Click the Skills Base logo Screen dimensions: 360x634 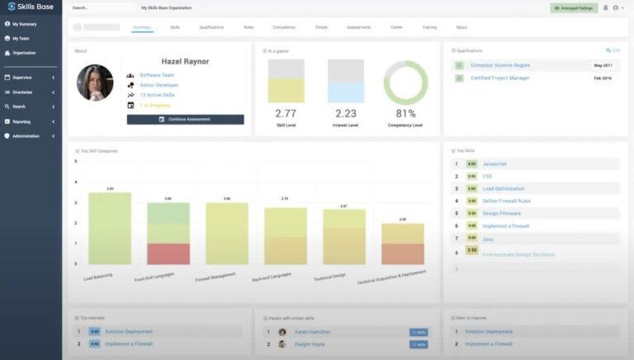click(x=31, y=7)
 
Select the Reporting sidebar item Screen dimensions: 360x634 click(x=21, y=121)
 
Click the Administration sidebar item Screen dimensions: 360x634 click(x=26, y=135)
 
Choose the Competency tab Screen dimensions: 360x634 click(x=283, y=27)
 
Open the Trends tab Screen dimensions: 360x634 click(x=321, y=27)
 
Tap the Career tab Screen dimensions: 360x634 click(x=396, y=27)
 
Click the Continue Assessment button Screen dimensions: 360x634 click(x=185, y=119)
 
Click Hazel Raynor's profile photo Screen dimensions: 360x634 click(x=95, y=83)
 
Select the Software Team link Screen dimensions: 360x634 click(x=157, y=75)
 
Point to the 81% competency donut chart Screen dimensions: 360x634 click(x=405, y=83)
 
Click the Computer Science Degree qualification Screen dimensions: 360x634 click(x=500, y=65)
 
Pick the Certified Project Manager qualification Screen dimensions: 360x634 click(x=499, y=78)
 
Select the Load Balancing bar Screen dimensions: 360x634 click(x=110, y=228)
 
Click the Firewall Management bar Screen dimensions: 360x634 click(x=227, y=234)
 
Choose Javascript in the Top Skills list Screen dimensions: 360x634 click(x=494, y=163)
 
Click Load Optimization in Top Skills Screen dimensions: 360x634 click(x=503, y=188)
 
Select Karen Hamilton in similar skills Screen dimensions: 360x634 click(x=313, y=332)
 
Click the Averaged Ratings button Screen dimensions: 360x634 click(x=574, y=7)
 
